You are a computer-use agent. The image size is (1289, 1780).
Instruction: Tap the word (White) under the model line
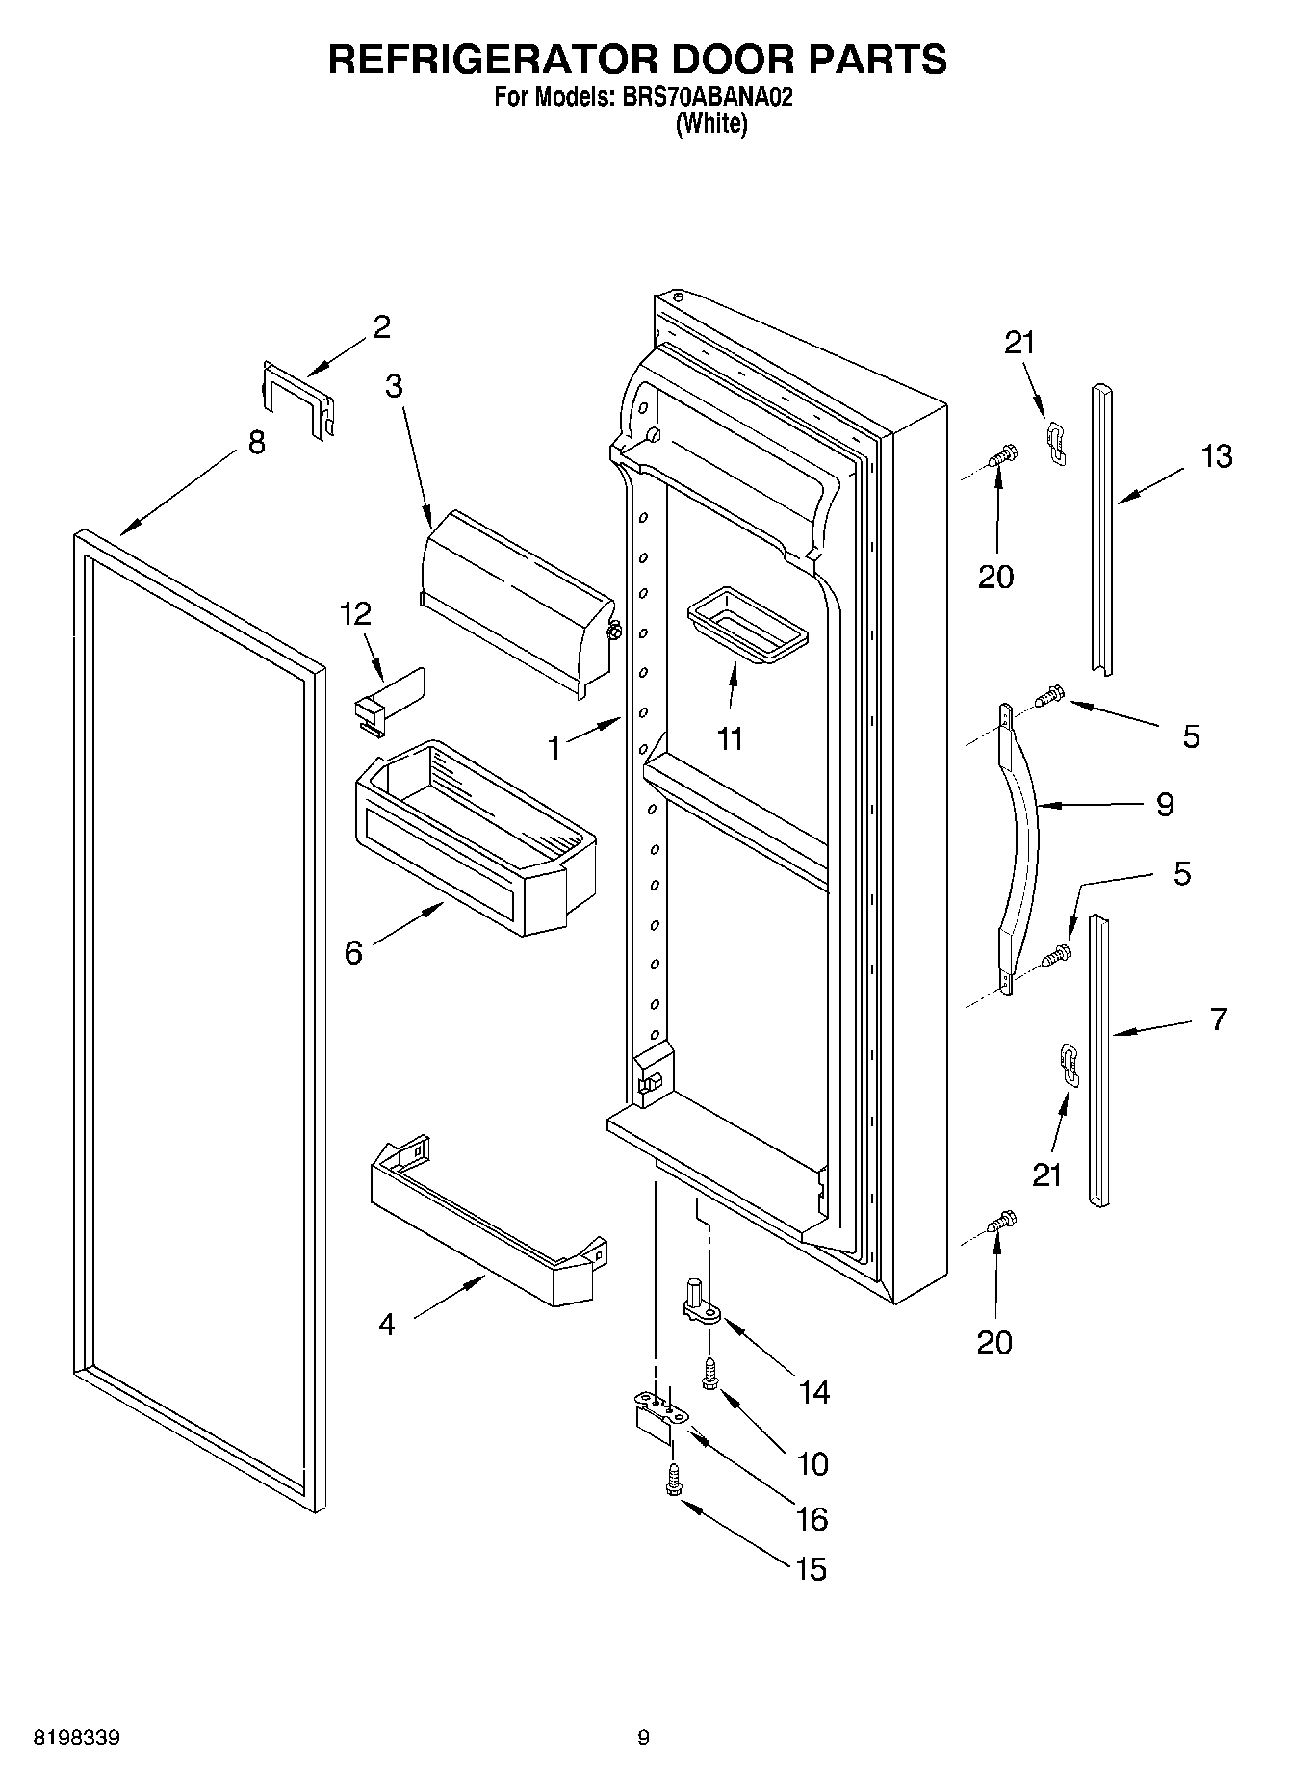pos(711,123)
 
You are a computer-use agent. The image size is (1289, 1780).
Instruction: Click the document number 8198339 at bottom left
pos(77,1738)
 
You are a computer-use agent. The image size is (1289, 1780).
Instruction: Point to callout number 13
pos(1217,456)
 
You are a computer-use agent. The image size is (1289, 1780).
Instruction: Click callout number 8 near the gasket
pos(256,443)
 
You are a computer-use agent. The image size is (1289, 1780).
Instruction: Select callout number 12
pos(356,613)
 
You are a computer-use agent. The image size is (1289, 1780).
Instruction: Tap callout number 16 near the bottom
pos(812,1518)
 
